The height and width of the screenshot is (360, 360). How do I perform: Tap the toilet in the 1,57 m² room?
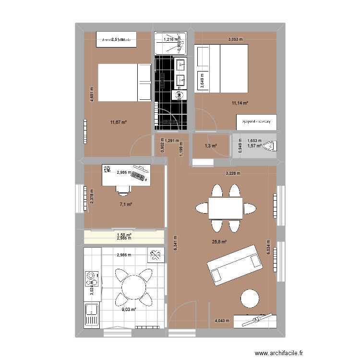(x=271, y=145)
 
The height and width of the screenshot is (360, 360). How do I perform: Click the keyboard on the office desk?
(x=141, y=175)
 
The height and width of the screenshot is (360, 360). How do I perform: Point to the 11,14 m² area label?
(x=240, y=103)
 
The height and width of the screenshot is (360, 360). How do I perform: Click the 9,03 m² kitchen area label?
(x=129, y=310)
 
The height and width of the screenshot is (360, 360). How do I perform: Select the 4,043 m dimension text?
(x=222, y=321)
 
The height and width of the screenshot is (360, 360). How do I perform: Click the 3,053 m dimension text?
(x=235, y=40)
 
